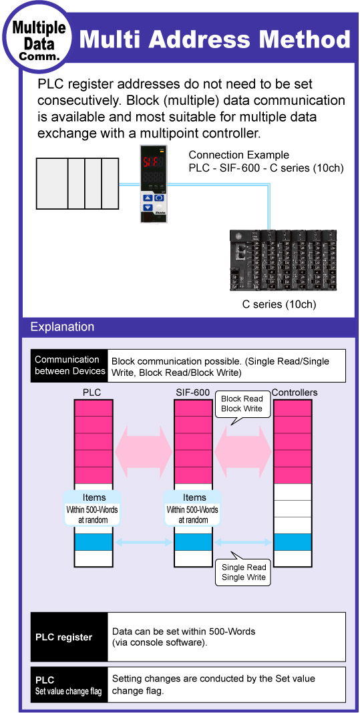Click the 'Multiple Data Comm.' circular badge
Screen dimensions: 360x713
38,39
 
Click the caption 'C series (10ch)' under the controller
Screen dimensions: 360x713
279,304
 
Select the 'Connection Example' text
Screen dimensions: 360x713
239,155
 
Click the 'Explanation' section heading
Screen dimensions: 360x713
62,326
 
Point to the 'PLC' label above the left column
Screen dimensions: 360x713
92,392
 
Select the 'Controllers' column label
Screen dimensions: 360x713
295,392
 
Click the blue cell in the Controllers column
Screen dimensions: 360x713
293,541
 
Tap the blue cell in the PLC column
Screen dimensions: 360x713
93,541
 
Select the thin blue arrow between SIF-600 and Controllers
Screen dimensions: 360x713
244,541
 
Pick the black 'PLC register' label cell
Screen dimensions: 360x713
69,637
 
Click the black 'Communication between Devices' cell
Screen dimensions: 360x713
69,366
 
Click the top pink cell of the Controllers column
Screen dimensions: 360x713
293,408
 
